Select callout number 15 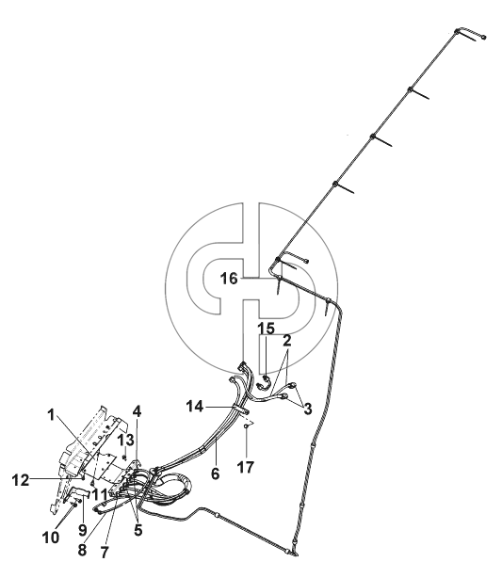click(266, 329)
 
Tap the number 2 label click(287, 341)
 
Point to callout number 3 click(307, 408)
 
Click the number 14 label click(195, 407)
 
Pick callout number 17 click(246, 467)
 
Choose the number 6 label click(215, 474)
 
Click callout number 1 click(51, 415)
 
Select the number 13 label click(125, 441)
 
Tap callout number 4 click(137, 411)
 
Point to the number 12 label click(21, 480)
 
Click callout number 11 click(100, 495)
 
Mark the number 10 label click(51, 538)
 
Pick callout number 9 click(82, 530)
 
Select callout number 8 click(82, 550)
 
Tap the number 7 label click(105, 553)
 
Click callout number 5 click(138, 530)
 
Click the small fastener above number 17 click(246, 426)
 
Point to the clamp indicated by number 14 click(241, 409)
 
